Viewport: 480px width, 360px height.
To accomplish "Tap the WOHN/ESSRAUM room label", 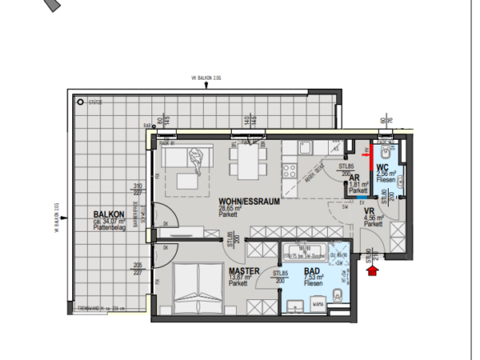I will (x=246, y=201).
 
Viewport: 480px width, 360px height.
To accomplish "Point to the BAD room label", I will (x=312, y=270).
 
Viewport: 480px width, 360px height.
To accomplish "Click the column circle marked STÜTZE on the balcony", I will (x=79, y=103).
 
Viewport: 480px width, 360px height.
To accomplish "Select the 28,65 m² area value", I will (x=230, y=209).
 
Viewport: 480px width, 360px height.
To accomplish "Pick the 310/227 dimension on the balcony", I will (x=137, y=190).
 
